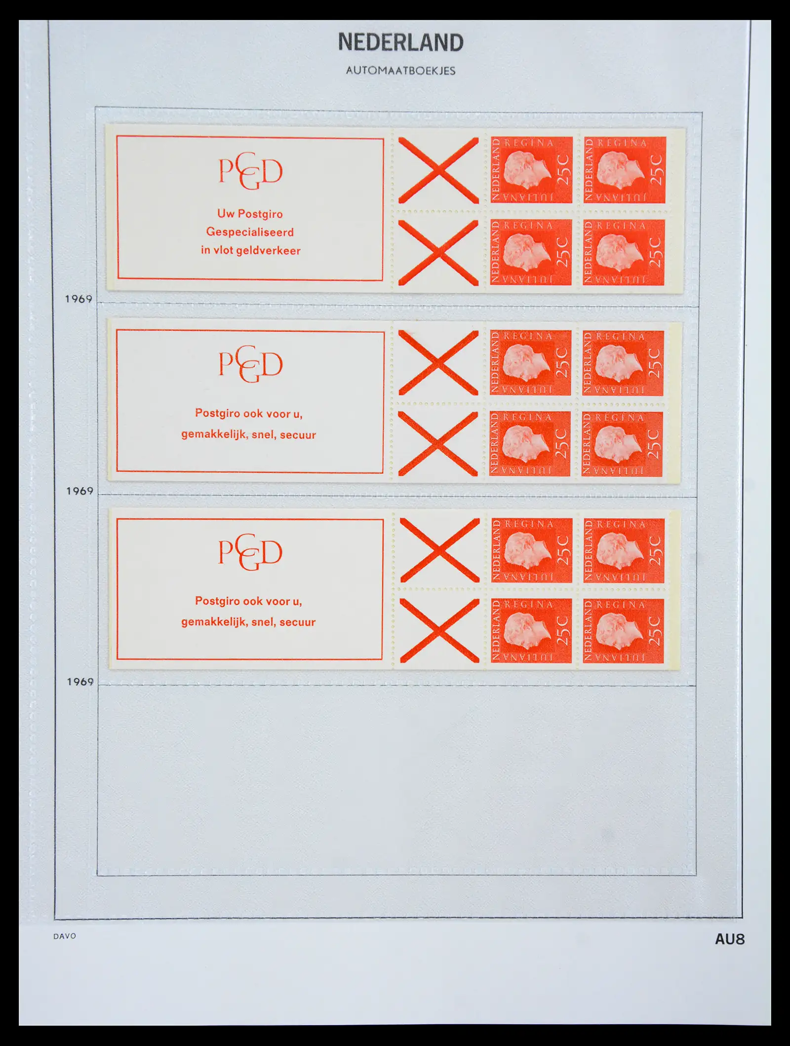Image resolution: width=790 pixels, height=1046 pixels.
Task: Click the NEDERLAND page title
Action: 400,42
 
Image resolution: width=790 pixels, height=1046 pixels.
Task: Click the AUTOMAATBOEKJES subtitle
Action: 400,71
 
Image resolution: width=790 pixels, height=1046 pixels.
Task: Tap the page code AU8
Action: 730,939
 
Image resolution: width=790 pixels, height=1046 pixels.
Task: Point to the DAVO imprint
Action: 65,936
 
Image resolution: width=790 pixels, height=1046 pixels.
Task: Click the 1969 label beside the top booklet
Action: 79,299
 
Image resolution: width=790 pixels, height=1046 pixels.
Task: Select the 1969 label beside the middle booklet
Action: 79,491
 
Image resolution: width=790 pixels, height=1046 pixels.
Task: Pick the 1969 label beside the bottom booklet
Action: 80,682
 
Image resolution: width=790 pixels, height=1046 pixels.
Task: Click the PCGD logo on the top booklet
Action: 251,171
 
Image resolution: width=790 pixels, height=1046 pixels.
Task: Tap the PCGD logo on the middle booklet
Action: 251,364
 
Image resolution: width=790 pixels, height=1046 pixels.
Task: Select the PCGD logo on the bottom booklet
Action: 250,552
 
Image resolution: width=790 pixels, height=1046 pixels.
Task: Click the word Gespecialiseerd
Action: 250,232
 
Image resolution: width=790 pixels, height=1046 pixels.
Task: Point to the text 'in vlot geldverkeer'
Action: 251,250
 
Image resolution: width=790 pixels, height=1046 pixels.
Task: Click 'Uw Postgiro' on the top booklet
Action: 250,214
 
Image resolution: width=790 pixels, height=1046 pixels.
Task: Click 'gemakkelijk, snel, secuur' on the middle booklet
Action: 248,434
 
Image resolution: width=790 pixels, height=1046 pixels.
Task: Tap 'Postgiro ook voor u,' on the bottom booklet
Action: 248,601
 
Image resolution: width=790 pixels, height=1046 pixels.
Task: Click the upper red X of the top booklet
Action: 438,170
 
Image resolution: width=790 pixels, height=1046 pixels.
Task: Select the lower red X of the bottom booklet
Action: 439,630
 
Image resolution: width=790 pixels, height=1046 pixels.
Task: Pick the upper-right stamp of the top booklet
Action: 625,170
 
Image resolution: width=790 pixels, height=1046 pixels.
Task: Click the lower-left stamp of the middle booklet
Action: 530,444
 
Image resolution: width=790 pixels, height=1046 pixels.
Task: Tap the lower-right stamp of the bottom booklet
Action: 623,631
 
